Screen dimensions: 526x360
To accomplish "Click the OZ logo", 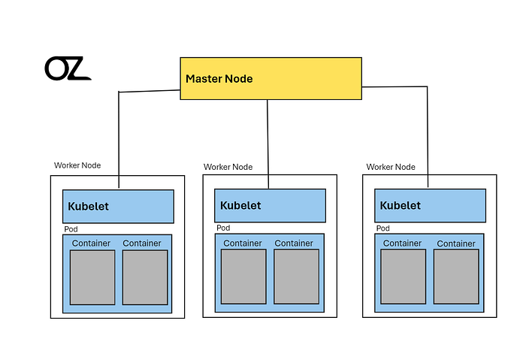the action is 68,68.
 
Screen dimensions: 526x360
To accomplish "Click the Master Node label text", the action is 219,79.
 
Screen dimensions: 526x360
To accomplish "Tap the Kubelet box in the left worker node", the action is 118,207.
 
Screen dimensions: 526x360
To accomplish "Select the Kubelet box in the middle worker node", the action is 270,205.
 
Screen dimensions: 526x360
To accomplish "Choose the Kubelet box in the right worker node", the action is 430,205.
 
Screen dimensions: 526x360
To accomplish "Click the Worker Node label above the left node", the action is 77,165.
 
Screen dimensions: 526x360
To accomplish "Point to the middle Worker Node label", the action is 228,167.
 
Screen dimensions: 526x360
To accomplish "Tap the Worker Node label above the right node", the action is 391,167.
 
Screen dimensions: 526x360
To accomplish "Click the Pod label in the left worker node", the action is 71,229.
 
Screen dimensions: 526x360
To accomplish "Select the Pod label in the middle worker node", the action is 223,228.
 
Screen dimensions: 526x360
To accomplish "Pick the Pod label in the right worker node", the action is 383,228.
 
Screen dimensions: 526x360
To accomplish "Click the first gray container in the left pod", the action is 92,277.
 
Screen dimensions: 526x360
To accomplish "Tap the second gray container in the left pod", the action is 145,277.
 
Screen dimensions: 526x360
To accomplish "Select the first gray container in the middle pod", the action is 243,277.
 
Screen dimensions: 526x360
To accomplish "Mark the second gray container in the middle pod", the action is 297,277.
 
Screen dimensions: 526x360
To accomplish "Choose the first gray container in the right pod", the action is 404,277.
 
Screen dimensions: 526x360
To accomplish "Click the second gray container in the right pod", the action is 456,277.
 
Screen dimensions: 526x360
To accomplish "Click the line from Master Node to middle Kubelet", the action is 268,144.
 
